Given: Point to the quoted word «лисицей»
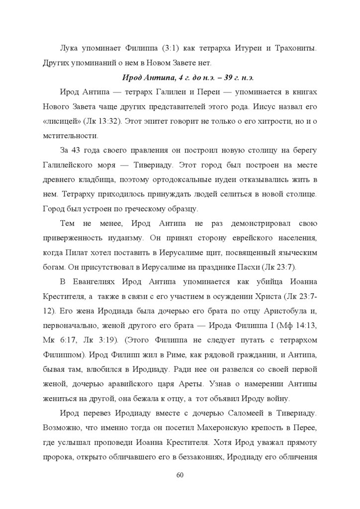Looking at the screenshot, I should (x=57, y=121).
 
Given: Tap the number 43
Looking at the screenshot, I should (x=82, y=150).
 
